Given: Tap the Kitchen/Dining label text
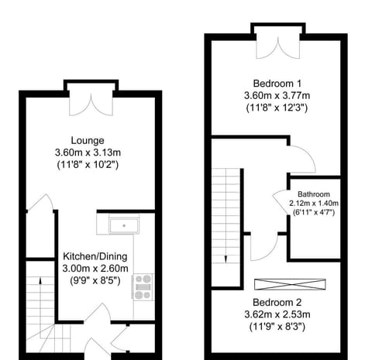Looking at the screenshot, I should [x=96, y=256].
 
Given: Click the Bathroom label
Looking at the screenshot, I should [x=313, y=194].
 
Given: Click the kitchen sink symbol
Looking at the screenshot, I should [x=122, y=225].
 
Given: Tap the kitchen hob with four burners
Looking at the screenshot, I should [x=143, y=286].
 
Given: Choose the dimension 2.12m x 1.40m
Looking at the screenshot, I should [x=313, y=204].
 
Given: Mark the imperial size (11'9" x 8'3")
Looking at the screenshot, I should [x=276, y=327].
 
